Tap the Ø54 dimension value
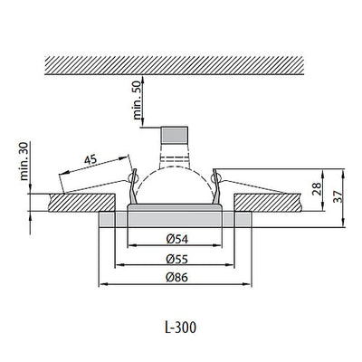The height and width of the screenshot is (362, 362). coord(177,238)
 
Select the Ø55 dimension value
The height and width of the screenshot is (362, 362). coord(177,259)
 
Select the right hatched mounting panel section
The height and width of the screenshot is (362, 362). coord(271,201)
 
